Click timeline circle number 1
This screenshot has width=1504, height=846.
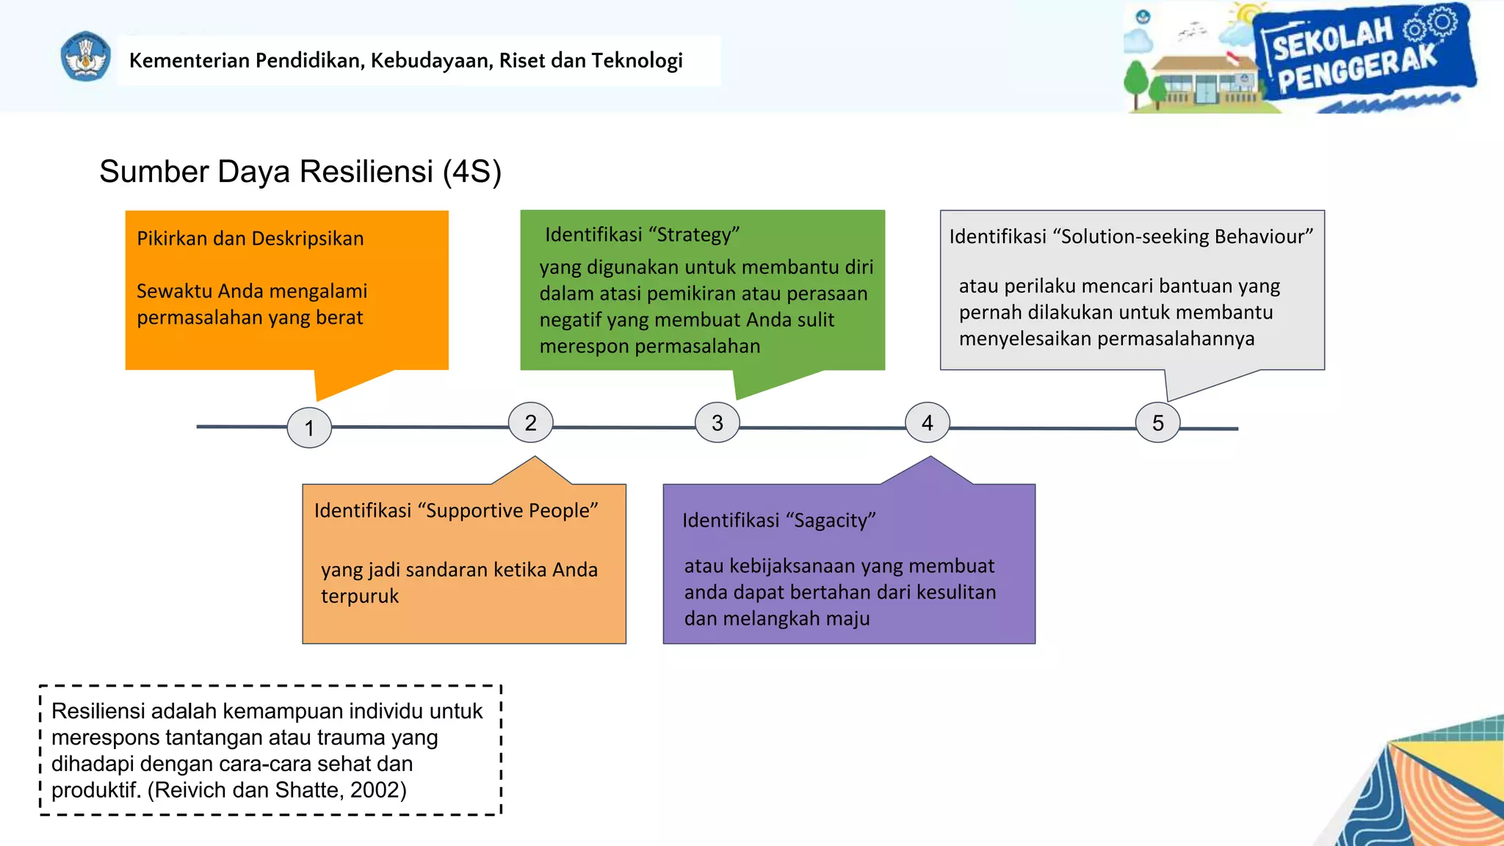pyautogui.click(x=309, y=427)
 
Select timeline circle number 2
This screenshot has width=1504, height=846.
pyautogui.click(x=530, y=422)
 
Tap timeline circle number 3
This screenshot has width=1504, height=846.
pyautogui.click(x=717, y=422)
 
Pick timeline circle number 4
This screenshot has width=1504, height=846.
pyautogui.click(x=928, y=422)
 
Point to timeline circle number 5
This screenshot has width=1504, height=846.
pyautogui.click(x=1157, y=422)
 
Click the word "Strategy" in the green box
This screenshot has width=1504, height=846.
pyautogui.click(x=694, y=235)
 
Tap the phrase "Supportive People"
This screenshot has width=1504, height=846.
pyautogui.click(x=507, y=510)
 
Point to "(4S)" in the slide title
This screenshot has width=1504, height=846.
pyautogui.click(x=471, y=172)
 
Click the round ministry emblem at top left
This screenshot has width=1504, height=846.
pyautogui.click(x=86, y=57)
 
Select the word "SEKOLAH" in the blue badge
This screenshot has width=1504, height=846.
pyautogui.click(x=1331, y=40)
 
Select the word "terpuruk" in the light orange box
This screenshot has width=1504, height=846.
pyautogui.click(x=360, y=596)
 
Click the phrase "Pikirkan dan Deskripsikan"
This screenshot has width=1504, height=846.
pyautogui.click(x=250, y=239)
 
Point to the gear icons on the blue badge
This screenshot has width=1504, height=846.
pyautogui.click(x=1431, y=25)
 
